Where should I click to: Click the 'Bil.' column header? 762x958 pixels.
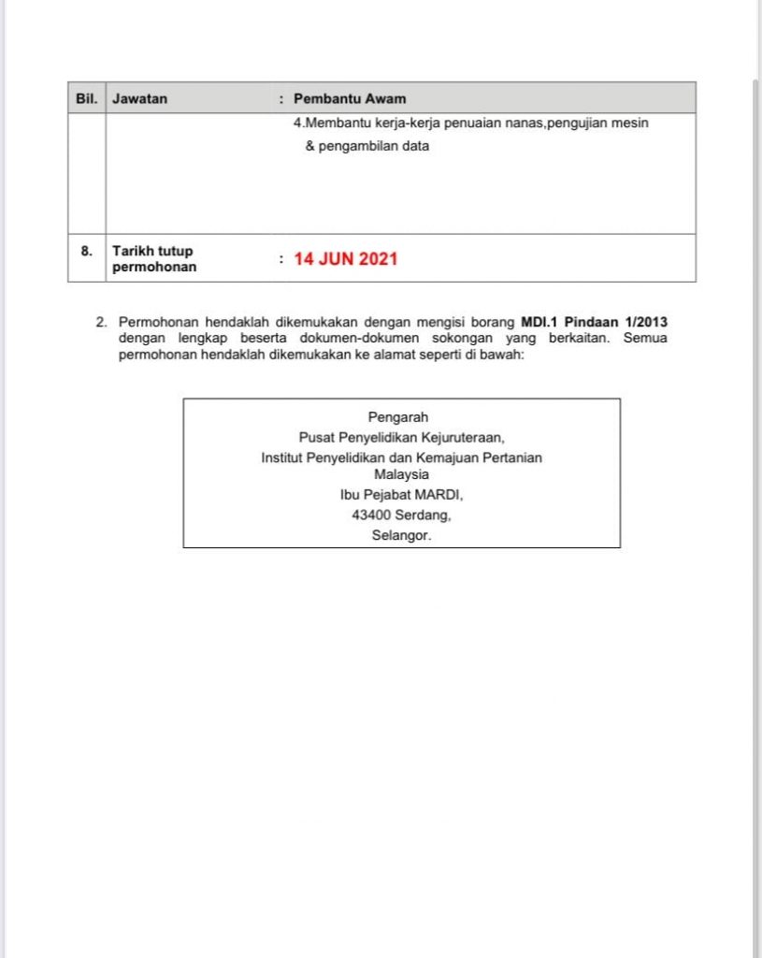86,98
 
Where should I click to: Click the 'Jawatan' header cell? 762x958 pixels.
140,98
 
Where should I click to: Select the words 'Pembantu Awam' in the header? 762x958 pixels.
350,98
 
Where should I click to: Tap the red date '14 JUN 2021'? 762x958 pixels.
346,259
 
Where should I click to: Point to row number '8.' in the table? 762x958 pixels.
86,251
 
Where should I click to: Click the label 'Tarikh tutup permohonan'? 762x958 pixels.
154,258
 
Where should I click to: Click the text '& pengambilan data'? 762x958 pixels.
367,146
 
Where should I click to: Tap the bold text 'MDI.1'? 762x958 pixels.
539,322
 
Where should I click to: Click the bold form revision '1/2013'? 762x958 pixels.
644,322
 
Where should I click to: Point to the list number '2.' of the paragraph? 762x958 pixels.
102,322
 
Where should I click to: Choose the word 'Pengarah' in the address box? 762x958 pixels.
398,418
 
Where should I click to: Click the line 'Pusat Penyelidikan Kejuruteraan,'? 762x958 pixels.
401,437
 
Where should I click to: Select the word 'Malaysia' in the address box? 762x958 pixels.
401,474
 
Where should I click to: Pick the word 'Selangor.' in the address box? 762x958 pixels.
401,536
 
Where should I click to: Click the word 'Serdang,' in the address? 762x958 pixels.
424,515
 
